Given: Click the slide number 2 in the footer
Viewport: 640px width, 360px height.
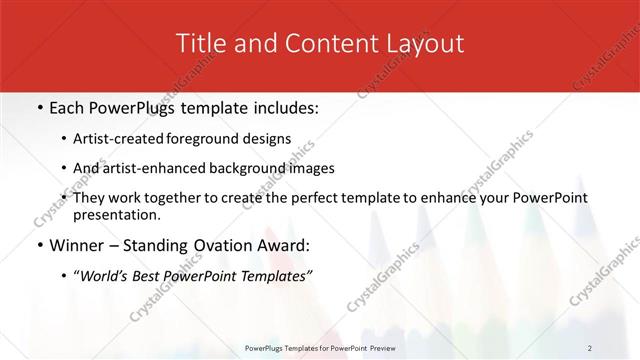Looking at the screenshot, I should click(590, 347).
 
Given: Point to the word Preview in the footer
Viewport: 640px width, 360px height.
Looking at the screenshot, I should click(392, 347).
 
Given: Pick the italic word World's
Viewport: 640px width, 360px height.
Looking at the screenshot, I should click(103, 275).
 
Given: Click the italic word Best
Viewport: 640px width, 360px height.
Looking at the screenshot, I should click(147, 275).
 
